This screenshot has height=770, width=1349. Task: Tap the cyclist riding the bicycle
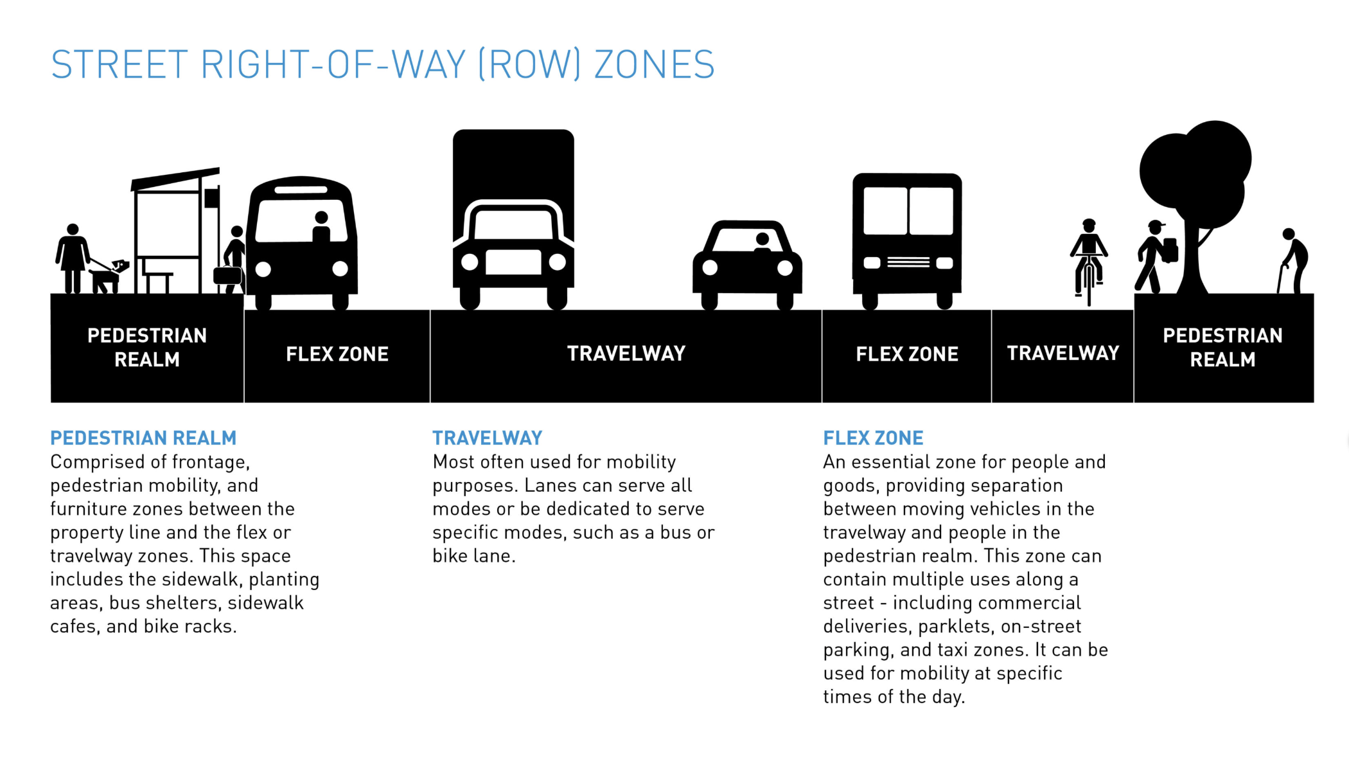[x=1089, y=260]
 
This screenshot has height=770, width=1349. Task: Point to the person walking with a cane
[x=1294, y=260]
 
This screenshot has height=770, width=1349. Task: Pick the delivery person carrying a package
[x=1156, y=257]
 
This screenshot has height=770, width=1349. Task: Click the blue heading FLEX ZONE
[x=873, y=438]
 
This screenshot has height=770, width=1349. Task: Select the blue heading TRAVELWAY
[x=487, y=438]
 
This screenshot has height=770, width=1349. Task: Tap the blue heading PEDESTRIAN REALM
[x=143, y=438]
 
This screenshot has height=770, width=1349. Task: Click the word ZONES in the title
[x=654, y=64]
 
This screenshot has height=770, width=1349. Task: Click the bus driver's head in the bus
[x=322, y=218]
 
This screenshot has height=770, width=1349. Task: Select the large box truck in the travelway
[x=513, y=219]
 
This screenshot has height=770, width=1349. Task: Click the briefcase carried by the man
[x=227, y=275]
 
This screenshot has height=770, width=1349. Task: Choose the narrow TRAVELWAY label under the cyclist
[x=1062, y=354]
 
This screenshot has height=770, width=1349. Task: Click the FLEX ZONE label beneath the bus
[x=337, y=354]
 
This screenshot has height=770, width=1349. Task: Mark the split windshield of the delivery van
[x=908, y=211]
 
